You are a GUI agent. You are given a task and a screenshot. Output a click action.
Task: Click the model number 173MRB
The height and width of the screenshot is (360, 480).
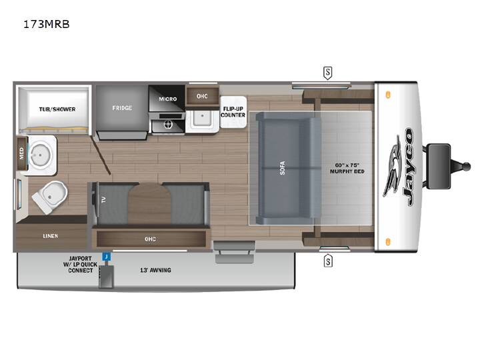47,24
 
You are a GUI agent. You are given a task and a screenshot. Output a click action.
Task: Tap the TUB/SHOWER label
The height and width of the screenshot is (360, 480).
57,109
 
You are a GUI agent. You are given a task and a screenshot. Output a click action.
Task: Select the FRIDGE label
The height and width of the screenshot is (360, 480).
122,108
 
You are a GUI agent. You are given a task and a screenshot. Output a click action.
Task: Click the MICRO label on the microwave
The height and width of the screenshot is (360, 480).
168,99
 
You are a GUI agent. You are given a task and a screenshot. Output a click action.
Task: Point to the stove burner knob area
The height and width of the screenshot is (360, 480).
168,124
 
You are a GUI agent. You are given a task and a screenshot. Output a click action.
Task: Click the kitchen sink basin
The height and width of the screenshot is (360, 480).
202,118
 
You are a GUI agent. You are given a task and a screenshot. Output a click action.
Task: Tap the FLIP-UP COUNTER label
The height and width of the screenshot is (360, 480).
233,112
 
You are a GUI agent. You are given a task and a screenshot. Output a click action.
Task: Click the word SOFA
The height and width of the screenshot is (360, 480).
282,168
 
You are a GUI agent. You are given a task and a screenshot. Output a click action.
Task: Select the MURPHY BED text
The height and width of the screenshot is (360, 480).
347,171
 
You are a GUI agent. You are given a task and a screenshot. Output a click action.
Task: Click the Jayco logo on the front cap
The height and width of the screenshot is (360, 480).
399,167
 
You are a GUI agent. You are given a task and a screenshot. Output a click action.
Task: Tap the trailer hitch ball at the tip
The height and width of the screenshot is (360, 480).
466,167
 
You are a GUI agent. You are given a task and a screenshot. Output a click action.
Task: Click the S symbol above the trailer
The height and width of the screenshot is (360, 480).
327,73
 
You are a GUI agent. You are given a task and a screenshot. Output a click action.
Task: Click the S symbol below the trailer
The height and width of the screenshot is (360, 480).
328,261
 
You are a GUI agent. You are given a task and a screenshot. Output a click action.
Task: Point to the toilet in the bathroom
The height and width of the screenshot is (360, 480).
50,197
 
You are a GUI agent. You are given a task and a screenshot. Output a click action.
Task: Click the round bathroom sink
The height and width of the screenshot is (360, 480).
39,155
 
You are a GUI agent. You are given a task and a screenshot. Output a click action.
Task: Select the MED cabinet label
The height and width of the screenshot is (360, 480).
21,153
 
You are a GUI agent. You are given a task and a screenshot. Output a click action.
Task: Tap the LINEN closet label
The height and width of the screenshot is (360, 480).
51,236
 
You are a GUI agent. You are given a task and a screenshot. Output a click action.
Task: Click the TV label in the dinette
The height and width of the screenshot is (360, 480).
103,200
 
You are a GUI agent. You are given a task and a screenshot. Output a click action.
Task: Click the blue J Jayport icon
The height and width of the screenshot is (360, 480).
107,257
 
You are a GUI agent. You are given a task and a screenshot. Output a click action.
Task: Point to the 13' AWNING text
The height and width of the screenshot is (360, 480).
155,270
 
